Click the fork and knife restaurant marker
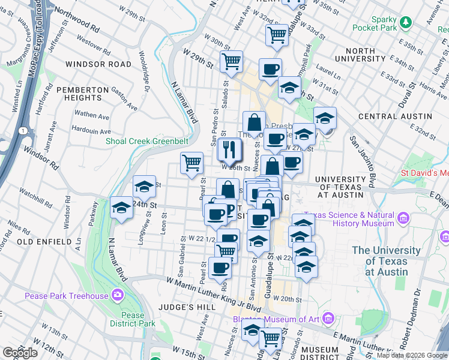coord(229,149)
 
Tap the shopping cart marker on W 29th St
coord(231,61)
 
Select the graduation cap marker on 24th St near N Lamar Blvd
coord(122,208)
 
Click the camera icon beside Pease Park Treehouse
coord(118,295)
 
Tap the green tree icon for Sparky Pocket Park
coord(406,22)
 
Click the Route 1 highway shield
coord(22,131)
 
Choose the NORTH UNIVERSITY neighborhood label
coord(360,55)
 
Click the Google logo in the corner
coord(20,353)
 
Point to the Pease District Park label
coord(132,319)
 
